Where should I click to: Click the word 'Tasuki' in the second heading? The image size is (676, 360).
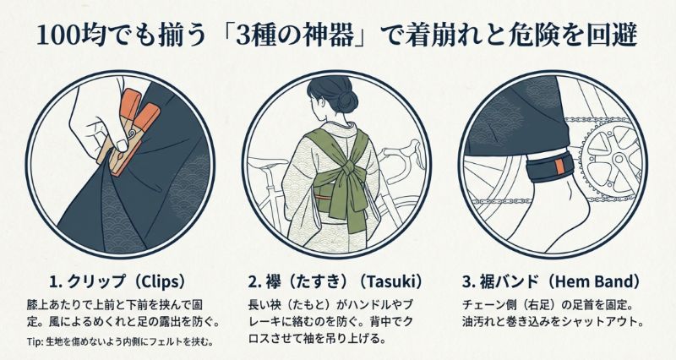(x=390, y=281)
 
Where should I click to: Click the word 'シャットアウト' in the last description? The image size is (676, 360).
(x=607, y=322)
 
